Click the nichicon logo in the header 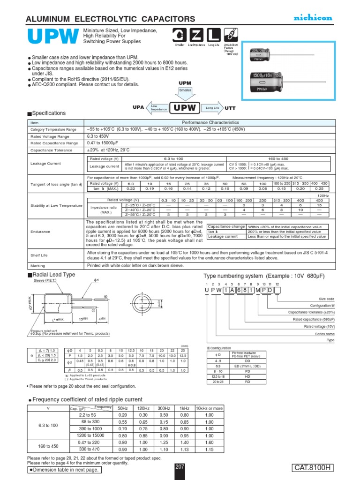click(313, 17)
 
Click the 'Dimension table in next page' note click(65, 470)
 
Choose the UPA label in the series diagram click(138, 107)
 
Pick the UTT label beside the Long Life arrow click(230, 108)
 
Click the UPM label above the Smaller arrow click(186, 83)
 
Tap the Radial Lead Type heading click(53, 275)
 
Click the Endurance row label click(39, 231)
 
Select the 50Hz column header click(123, 408)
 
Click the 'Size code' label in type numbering click(327, 299)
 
